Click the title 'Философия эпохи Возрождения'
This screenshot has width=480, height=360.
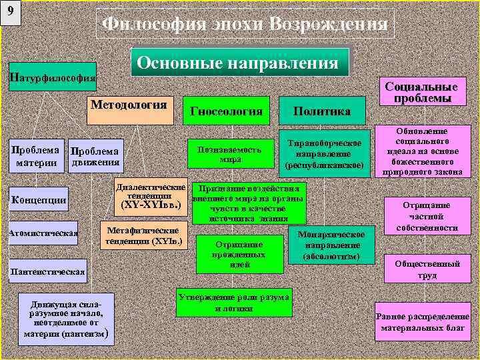245,25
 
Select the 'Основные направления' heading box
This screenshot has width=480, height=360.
239,63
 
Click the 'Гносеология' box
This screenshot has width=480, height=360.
227,111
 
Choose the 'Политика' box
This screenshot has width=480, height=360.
323,111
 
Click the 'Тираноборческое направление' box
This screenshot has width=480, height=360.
323,154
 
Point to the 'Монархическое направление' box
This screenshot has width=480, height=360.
330,245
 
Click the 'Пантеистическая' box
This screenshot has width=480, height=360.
47,271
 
